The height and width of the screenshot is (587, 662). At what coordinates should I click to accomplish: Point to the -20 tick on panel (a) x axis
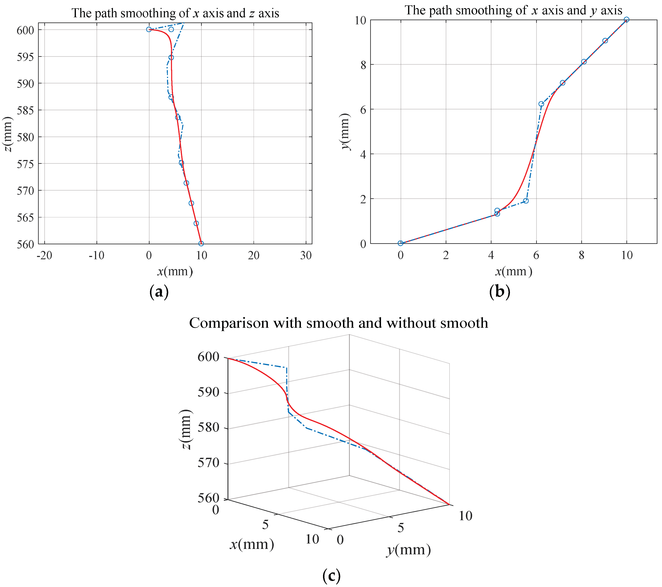(44, 256)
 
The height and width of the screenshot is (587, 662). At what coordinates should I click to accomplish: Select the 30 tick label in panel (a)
(306, 256)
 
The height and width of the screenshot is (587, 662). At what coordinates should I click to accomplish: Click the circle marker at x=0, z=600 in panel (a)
(149, 30)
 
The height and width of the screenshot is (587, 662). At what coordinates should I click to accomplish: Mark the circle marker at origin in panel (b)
(400, 243)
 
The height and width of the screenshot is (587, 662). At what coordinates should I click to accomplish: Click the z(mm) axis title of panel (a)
(7, 134)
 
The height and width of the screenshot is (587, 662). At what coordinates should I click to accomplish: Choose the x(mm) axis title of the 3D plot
(252, 544)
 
